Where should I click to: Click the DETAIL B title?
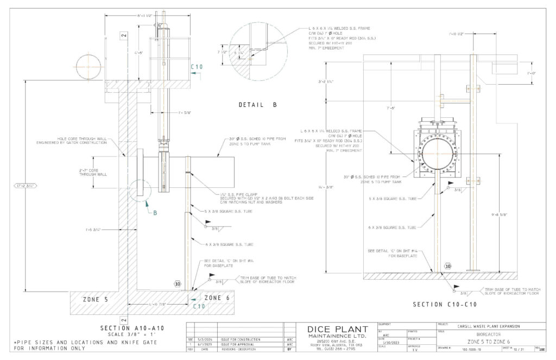coord(258,104)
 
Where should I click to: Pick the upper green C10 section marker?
coord(197,67)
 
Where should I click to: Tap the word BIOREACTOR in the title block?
coord(485,335)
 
